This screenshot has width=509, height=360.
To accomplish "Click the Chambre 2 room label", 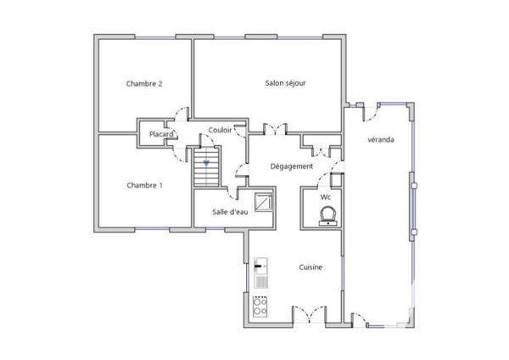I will coord(144,83).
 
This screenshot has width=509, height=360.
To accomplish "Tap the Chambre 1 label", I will coord(144,185).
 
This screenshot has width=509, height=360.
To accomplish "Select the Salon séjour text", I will coord(285,83).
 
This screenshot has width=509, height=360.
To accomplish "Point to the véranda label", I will coord(379,139).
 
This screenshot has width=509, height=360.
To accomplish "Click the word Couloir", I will coord(220,130).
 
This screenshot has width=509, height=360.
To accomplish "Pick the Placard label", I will coord(161,134).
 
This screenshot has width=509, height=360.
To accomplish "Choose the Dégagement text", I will coord(292,166).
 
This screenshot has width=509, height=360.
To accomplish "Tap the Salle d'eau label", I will coord(230,211).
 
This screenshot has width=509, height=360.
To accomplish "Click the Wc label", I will coord(325,197).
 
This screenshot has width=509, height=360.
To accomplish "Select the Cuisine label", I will coord(310,267).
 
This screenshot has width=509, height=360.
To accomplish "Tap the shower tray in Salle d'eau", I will coord(264,203).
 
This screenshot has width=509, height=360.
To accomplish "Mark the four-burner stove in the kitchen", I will coord(260,305).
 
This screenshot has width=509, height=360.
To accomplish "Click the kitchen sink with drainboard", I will coord(262,273).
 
